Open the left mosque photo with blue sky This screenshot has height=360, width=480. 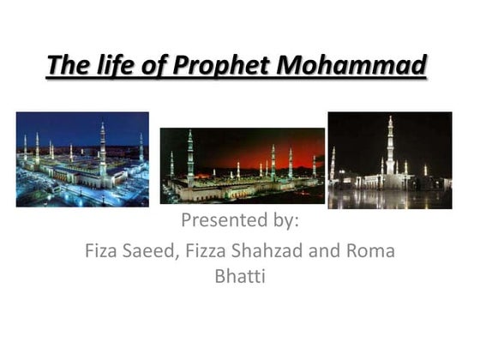pyautogui.click(x=82, y=159)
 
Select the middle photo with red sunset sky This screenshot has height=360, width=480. pyautogui.click(x=242, y=165)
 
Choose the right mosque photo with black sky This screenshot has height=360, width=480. pyautogui.click(x=389, y=160)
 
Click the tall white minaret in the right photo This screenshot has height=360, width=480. pyautogui.click(x=390, y=146)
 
